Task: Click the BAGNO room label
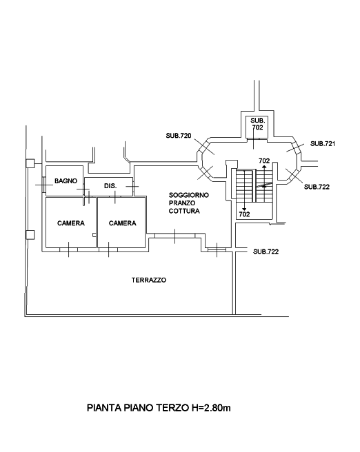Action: pyautogui.click(x=66, y=181)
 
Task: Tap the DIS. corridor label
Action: pyautogui.click(x=110, y=186)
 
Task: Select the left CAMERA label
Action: pyautogui.click(x=71, y=223)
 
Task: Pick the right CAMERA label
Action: pyautogui.click(x=123, y=223)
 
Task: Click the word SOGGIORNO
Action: pyautogui.click(x=189, y=195)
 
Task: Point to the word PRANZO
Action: pyautogui.click(x=182, y=203)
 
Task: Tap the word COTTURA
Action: pyautogui.click(x=184, y=211)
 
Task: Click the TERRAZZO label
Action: pyautogui.click(x=149, y=280)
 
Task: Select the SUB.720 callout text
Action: pyautogui.click(x=179, y=136)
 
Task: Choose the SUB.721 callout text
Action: pyautogui.click(x=323, y=143)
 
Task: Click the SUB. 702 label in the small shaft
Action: pyautogui.click(x=258, y=123)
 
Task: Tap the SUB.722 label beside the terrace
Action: pyautogui.click(x=266, y=251)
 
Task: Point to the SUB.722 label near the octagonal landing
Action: pyautogui.click(x=317, y=187)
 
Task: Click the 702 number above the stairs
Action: pyautogui.click(x=264, y=161)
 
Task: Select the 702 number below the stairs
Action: pyautogui.click(x=244, y=214)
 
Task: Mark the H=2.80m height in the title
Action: pyautogui.click(x=211, y=408)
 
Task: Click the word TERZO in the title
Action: pyautogui.click(x=173, y=408)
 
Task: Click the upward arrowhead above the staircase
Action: pyautogui.click(x=264, y=167)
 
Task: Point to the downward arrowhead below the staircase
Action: pyautogui.click(x=244, y=209)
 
